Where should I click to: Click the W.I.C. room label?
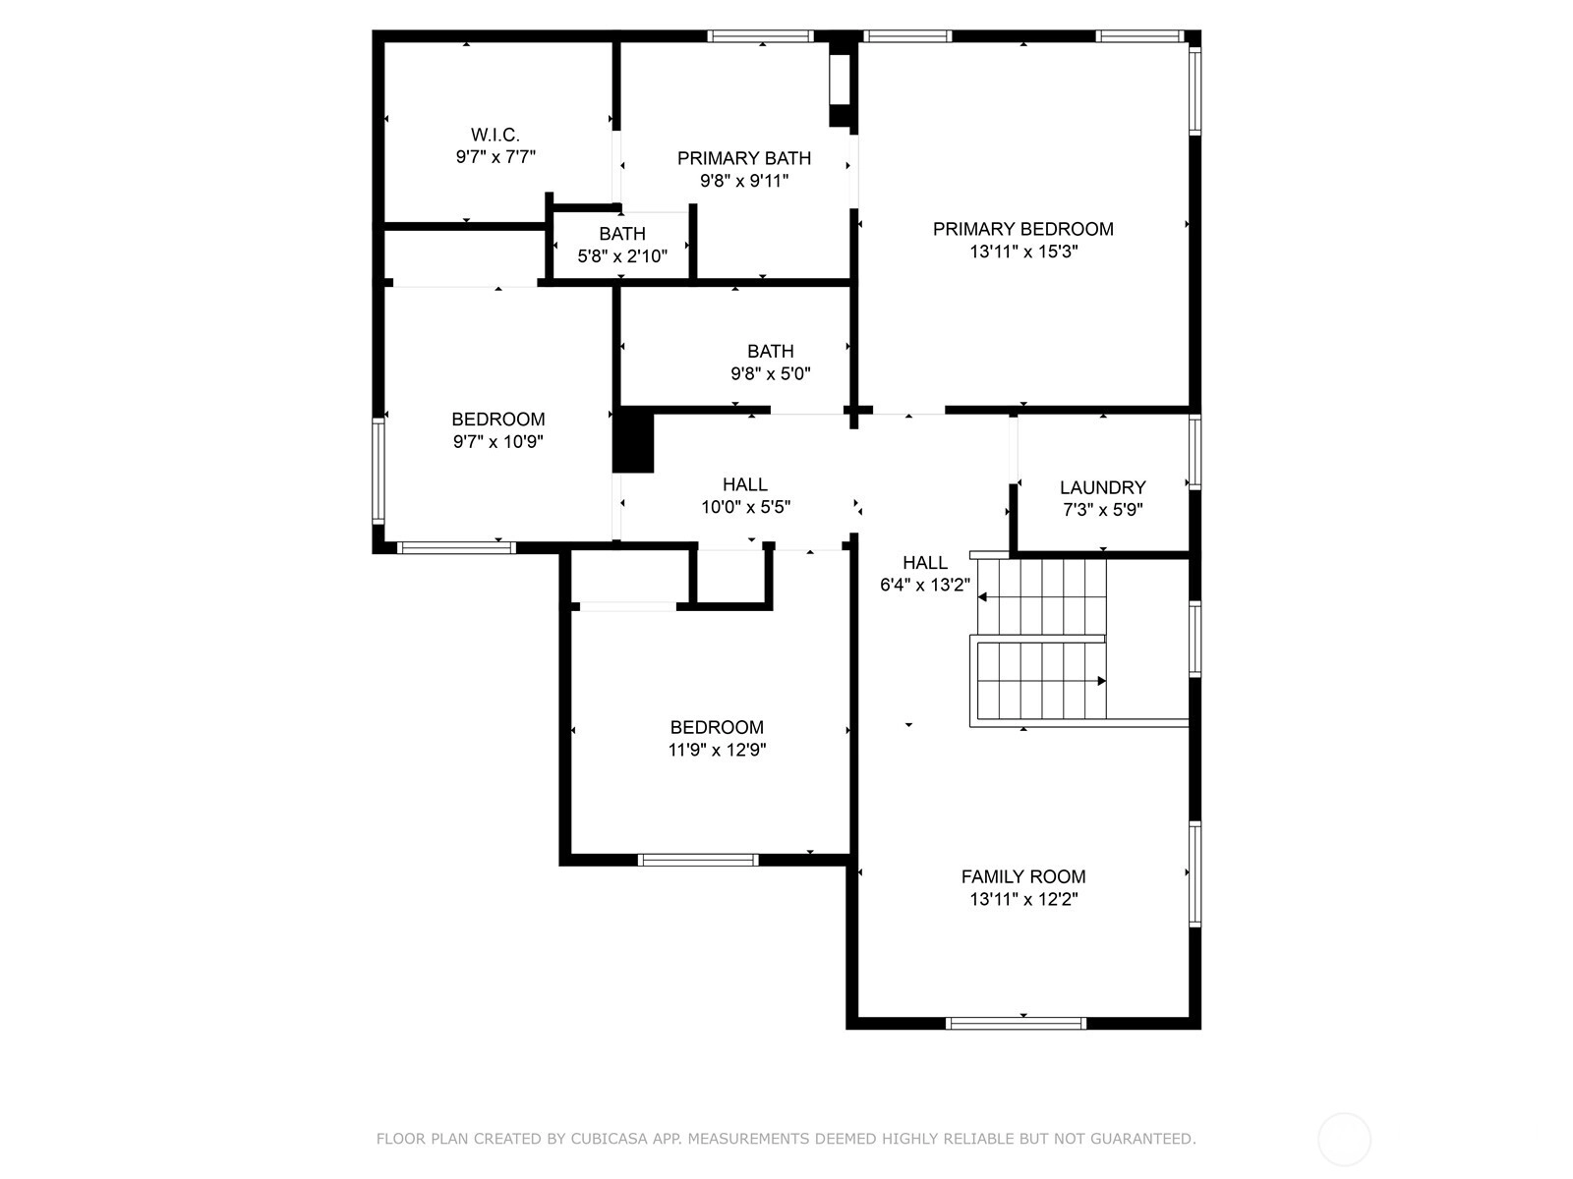495,135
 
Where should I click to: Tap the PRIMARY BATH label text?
744,158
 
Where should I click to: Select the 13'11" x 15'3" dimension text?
1023,252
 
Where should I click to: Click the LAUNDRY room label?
1102,487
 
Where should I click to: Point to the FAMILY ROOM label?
1023,876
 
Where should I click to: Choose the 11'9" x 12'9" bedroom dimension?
717,750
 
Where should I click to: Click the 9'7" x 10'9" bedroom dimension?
498,441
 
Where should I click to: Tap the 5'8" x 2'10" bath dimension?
622,255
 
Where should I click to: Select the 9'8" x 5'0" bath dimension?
771,373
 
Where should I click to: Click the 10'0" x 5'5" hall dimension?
745,507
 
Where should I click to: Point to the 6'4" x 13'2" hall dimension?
924,585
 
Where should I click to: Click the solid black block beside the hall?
633,440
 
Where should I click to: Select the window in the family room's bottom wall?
1016,1024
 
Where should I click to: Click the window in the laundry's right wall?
1194,452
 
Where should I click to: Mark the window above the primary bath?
760,35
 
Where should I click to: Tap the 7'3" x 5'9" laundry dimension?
1102,510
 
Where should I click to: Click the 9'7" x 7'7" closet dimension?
495,157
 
